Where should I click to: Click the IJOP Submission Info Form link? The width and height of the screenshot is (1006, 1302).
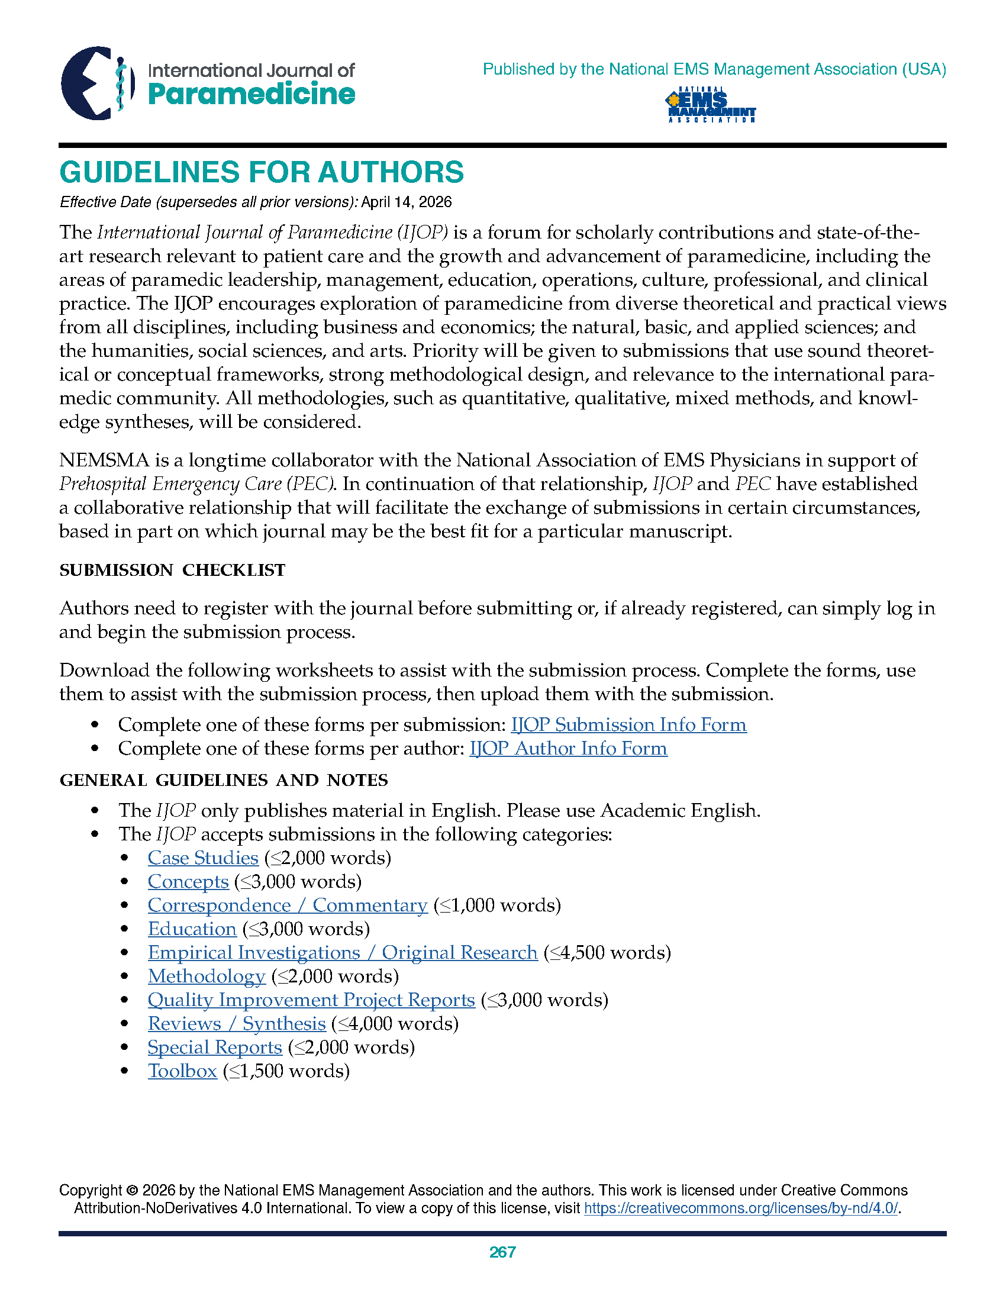(628, 725)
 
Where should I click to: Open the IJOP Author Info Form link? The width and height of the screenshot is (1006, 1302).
(568, 749)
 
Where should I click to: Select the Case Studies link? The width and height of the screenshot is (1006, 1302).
(202, 859)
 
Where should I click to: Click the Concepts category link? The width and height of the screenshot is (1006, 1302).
(188, 882)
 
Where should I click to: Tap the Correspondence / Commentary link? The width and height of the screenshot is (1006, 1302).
(287, 905)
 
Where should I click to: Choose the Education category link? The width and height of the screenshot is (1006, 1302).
(192, 929)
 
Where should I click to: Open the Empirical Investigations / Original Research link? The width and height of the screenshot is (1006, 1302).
(342, 953)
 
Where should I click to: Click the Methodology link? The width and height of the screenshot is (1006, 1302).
(206, 976)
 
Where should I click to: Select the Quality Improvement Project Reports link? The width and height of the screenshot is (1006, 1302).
(311, 1000)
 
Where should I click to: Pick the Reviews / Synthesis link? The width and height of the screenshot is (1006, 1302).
(237, 1024)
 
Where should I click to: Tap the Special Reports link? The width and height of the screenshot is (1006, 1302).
(215, 1048)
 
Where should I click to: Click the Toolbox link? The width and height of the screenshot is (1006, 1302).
(182, 1071)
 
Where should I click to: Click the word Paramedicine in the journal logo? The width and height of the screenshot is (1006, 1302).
(251, 95)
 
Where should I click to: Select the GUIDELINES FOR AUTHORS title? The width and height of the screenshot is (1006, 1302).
(261, 172)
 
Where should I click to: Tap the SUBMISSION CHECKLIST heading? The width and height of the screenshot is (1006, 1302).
(172, 571)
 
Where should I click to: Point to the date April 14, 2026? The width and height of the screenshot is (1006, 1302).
(407, 202)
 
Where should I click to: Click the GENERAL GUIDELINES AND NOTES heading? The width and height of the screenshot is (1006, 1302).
(224, 781)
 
